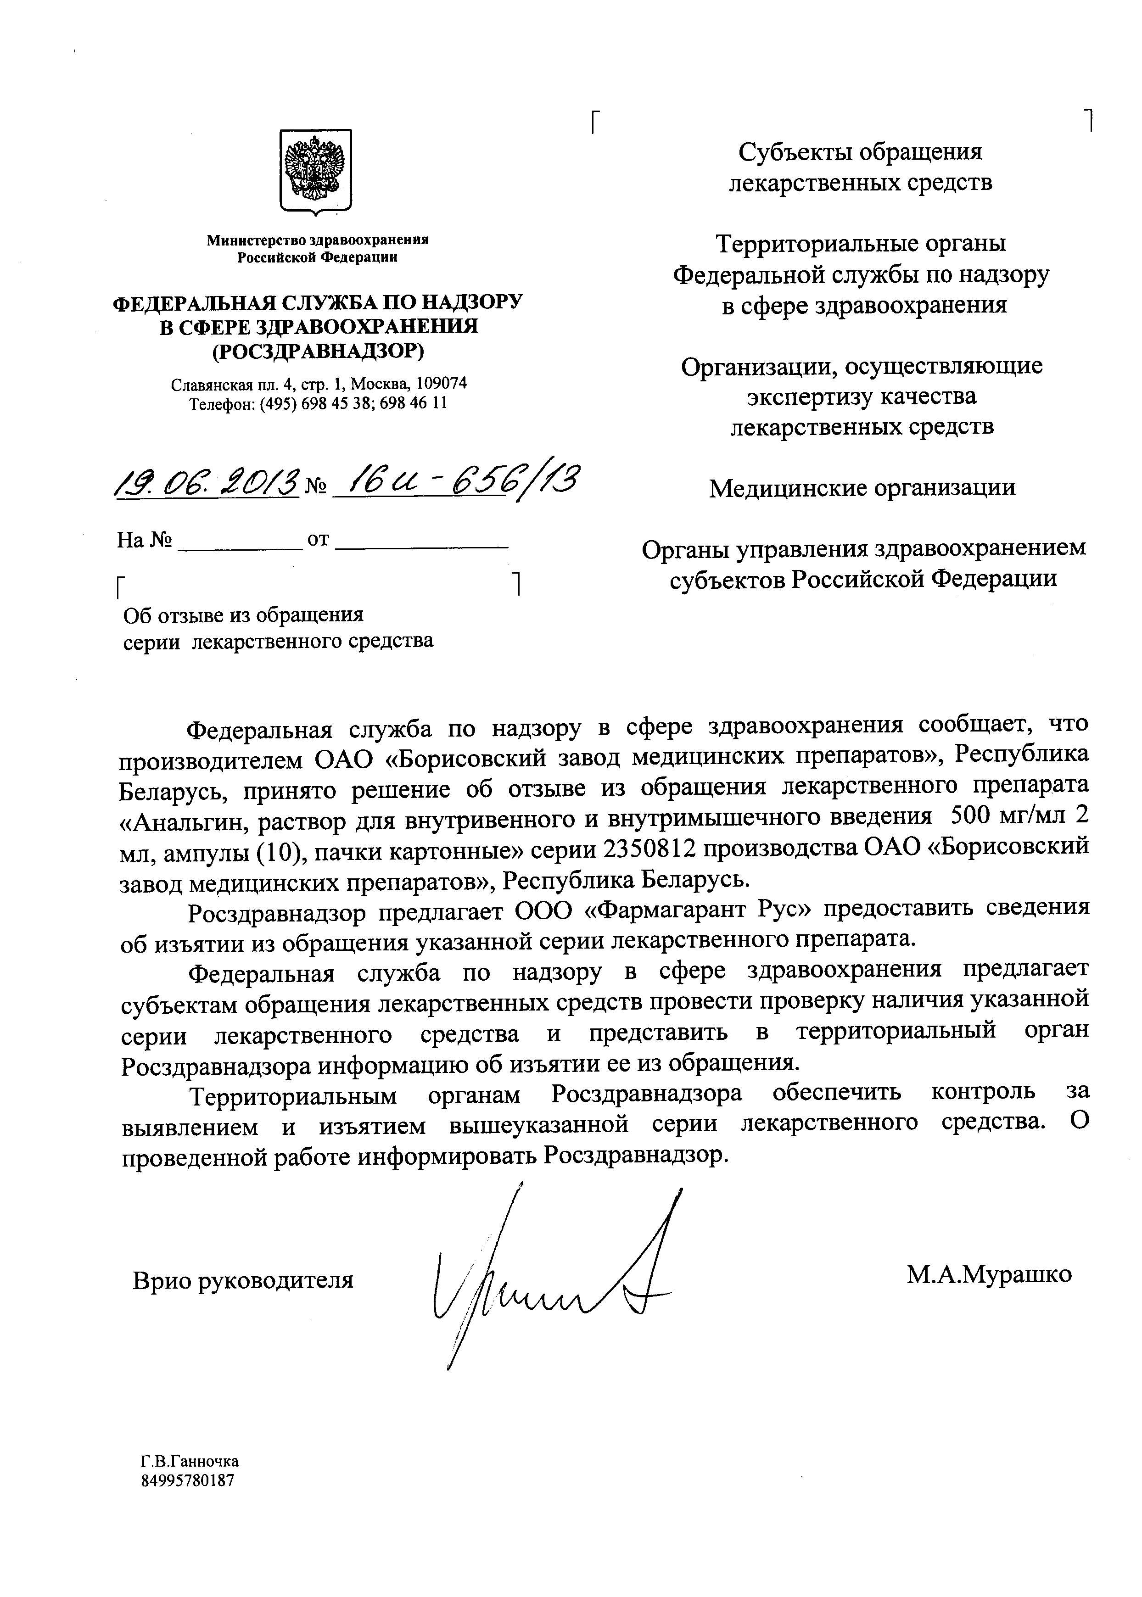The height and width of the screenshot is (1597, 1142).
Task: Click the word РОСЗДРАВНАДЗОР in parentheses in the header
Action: pyautogui.click(x=319, y=351)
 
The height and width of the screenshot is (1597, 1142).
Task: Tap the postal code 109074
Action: pyautogui.click(x=442, y=384)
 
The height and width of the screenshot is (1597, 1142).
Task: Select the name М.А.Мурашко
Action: pyautogui.click(x=989, y=1273)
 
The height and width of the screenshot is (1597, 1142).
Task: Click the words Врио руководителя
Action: pyautogui.click(x=243, y=1280)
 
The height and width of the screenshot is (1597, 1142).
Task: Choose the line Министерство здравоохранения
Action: pyautogui.click(x=318, y=240)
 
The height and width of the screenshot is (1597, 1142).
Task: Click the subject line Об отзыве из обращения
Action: pyautogui.click(x=243, y=615)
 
